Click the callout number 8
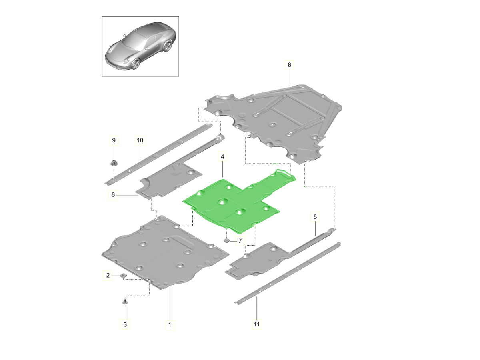click(289, 65)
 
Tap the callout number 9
click(114, 140)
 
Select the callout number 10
click(140, 140)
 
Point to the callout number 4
click(222, 156)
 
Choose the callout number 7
click(240, 241)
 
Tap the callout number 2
click(108, 276)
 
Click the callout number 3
click(125, 324)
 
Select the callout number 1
click(170, 324)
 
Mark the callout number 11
click(257, 324)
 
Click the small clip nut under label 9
click(114, 163)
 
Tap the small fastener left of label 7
click(226, 241)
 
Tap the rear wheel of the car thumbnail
click(168, 46)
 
